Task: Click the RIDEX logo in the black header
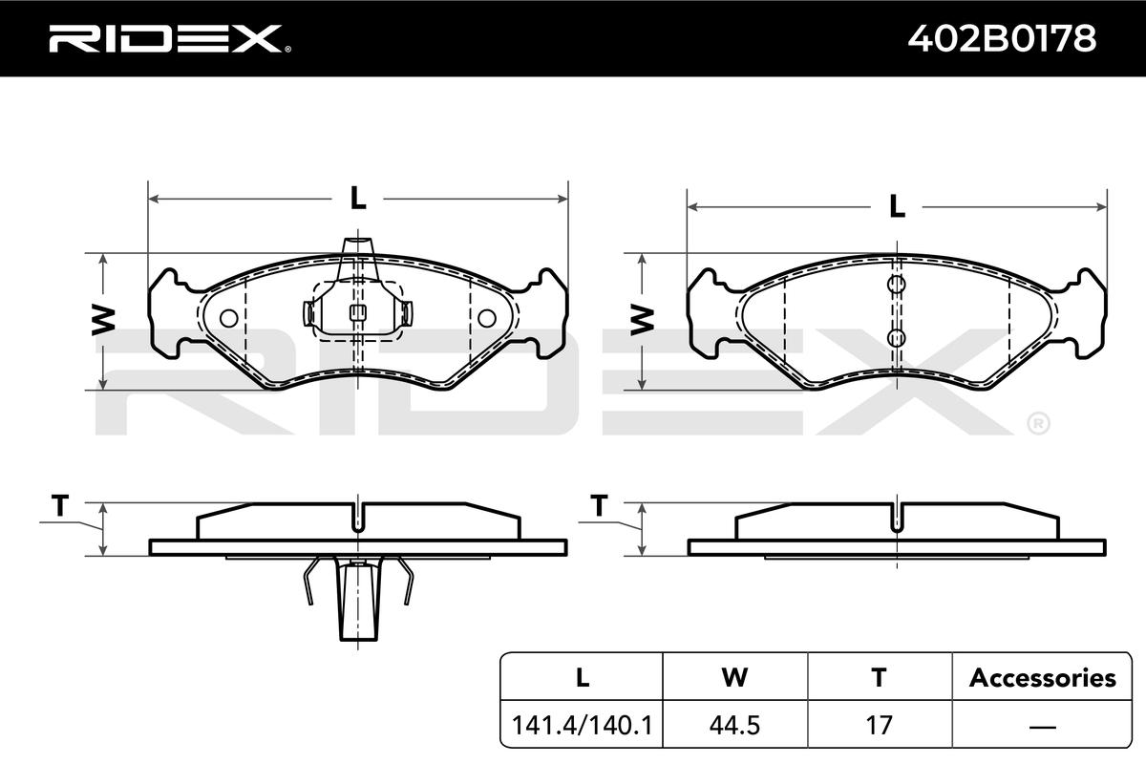pyautogui.click(x=170, y=39)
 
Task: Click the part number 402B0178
pyautogui.click(x=1002, y=38)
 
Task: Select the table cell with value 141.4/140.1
pyautogui.click(x=582, y=725)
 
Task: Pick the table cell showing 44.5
pyautogui.click(x=734, y=725)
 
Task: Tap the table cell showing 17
pyautogui.click(x=880, y=725)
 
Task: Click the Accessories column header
pyautogui.click(x=1042, y=677)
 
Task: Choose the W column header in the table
pyautogui.click(x=734, y=677)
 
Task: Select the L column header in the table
pyautogui.click(x=582, y=677)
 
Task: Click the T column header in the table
pyautogui.click(x=880, y=677)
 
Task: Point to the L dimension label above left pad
pyautogui.click(x=358, y=198)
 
